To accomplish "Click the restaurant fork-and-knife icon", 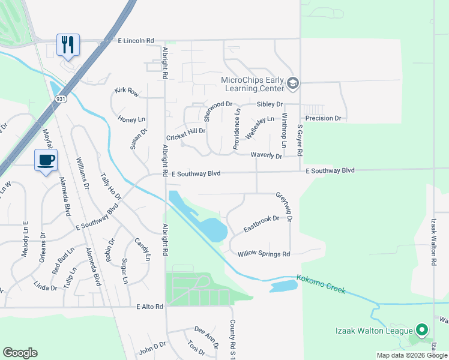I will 68,44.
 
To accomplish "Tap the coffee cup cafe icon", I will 46,160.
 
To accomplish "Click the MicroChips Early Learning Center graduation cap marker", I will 293,83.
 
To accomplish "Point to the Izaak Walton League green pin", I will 422,329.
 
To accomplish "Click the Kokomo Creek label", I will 321,284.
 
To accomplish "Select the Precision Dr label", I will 323,118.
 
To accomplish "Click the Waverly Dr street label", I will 267,156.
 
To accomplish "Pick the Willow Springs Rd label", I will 264,254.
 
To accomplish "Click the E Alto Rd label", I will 149,307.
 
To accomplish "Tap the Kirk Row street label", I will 127,92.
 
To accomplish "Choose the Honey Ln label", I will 131,119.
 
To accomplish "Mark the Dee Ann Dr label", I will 206,334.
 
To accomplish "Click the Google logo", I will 20,353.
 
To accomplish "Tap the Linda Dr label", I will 45,287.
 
